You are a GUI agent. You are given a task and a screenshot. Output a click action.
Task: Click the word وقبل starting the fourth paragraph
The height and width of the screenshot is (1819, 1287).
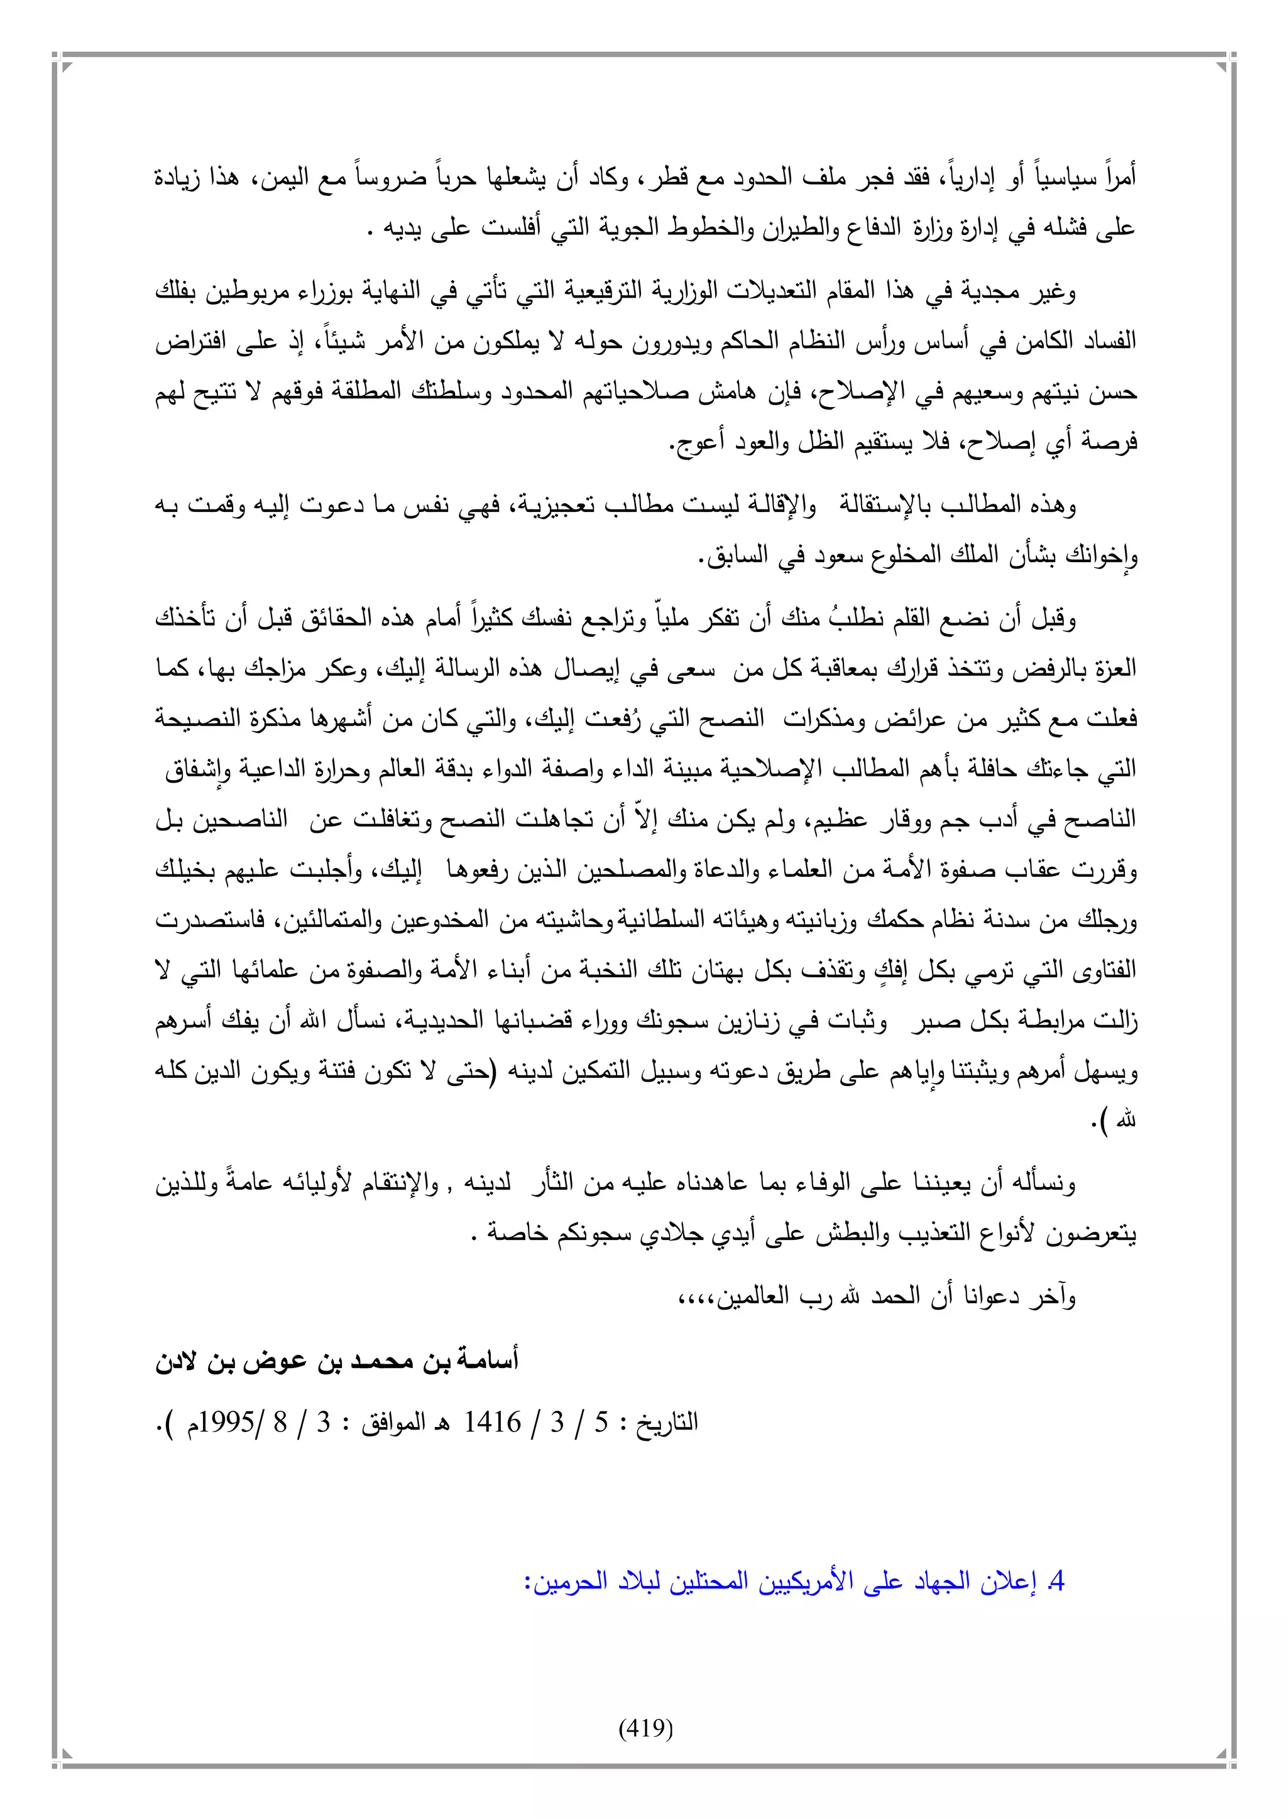[1053, 618]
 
